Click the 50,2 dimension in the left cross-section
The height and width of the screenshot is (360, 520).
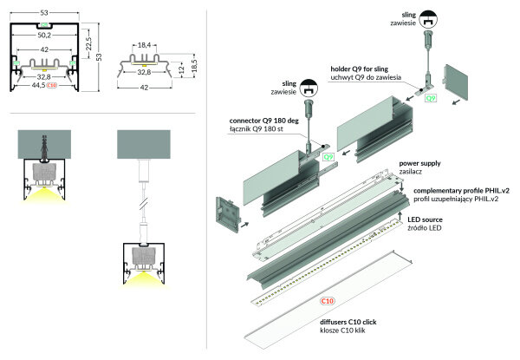44,36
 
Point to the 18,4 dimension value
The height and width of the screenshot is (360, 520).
145,45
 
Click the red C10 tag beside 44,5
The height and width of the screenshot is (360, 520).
53,87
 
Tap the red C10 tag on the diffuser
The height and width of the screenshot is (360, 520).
328,300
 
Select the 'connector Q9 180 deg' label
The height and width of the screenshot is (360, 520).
266,121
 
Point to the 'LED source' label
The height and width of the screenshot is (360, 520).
426,220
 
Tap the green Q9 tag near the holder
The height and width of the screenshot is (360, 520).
430,99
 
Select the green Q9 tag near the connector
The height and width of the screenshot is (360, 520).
328,157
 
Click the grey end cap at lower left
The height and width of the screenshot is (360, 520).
230,213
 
